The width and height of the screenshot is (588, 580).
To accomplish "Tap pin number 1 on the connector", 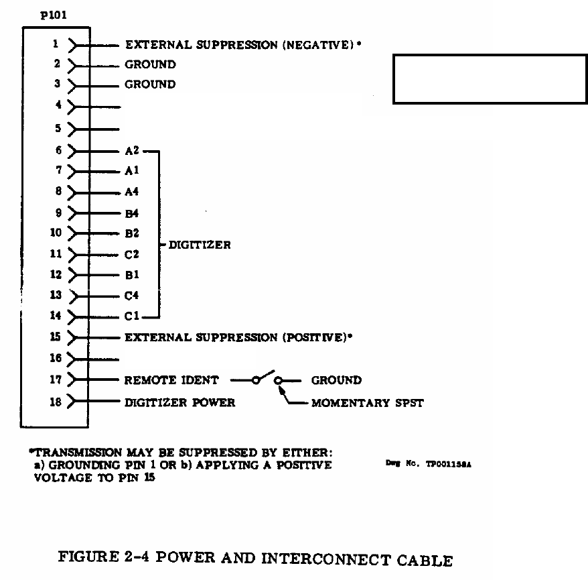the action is click(57, 44).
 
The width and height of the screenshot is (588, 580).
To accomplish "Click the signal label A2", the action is click(131, 151).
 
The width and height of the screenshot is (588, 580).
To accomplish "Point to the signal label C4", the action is click(131, 295).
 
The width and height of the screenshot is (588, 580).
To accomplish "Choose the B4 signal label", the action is click(131, 213).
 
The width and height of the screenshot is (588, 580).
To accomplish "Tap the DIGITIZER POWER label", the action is click(180, 402).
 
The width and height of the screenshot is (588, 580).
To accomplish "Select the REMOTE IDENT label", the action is click(171, 380).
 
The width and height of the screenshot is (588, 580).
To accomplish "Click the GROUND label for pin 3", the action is click(150, 84).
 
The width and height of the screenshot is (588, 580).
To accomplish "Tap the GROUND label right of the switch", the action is click(336, 380).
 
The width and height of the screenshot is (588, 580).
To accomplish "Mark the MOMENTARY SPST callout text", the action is click(367, 403).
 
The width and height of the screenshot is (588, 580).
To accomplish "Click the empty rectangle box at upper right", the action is click(490, 79).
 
